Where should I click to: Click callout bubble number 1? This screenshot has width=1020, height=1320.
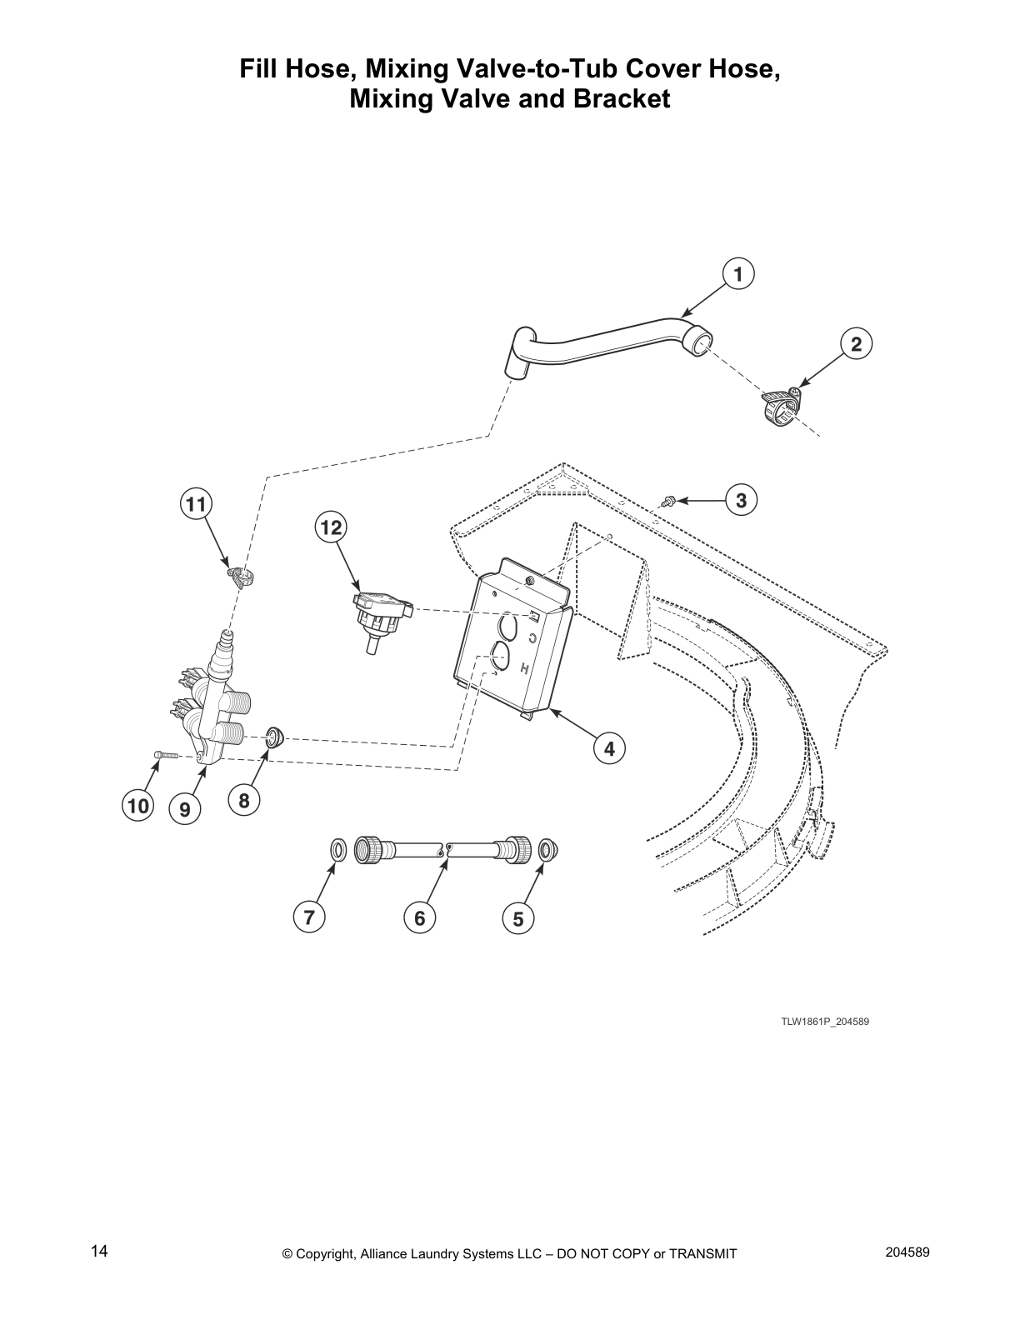pos(738,274)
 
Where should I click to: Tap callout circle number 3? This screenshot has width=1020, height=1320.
pos(741,501)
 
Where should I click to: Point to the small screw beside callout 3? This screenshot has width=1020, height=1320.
pos(669,501)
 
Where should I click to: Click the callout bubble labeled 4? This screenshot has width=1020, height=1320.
pos(609,749)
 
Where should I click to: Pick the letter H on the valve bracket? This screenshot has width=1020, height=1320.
pos(525,670)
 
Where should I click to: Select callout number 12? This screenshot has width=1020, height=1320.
pos(331,527)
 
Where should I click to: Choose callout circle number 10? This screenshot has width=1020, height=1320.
pos(137,806)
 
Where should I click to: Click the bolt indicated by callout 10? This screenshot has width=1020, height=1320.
pos(165,754)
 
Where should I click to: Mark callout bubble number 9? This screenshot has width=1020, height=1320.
pos(185,809)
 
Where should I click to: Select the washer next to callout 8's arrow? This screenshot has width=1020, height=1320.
pos(275,737)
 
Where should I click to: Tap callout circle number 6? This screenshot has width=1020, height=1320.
pos(420,917)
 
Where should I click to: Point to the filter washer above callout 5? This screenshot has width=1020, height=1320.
pos(548,848)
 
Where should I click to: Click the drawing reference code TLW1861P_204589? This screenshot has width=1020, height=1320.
pos(825,1021)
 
